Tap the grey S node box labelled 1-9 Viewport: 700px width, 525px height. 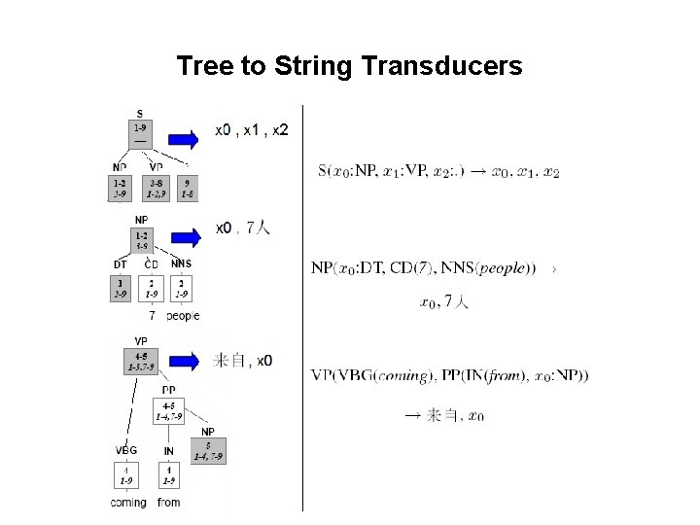click(x=140, y=133)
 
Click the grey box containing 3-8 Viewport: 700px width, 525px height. click(x=155, y=188)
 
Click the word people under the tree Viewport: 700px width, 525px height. click(x=183, y=316)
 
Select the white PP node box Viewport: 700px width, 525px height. click(x=168, y=410)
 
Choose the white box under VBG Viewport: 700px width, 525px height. click(x=126, y=474)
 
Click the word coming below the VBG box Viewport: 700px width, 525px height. click(x=127, y=503)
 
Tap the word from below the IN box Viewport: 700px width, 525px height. click(x=168, y=503)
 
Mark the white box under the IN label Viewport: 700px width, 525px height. click(x=168, y=474)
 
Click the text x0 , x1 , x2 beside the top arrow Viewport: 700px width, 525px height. click(x=251, y=129)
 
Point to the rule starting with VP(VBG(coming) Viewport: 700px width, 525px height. click(x=449, y=375)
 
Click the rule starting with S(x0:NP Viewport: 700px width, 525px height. click(x=438, y=171)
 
